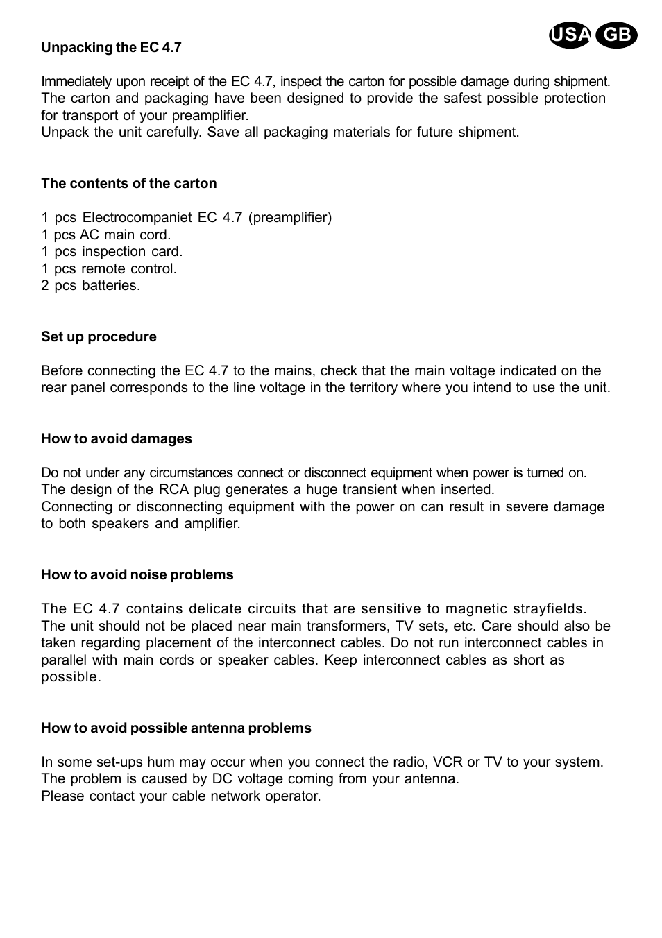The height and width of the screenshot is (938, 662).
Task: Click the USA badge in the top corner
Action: point(570,35)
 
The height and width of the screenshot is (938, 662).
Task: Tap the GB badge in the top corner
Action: point(616,35)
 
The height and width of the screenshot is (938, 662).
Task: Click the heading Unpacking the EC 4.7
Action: point(111,47)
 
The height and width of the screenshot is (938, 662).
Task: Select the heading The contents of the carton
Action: point(129,183)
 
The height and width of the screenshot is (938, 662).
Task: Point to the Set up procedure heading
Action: point(99,336)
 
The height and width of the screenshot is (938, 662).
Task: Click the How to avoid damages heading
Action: point(117,438)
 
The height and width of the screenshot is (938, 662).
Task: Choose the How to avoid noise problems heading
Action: point(137,574)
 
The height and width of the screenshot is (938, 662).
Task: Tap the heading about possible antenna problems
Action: point(176,728)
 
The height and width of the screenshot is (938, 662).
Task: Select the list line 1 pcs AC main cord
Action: point(105,235)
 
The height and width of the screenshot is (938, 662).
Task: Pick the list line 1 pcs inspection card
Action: point(112,251)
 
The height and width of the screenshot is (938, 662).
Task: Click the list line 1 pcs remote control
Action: point(109,268)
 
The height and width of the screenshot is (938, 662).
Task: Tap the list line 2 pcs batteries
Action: point(90,285)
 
